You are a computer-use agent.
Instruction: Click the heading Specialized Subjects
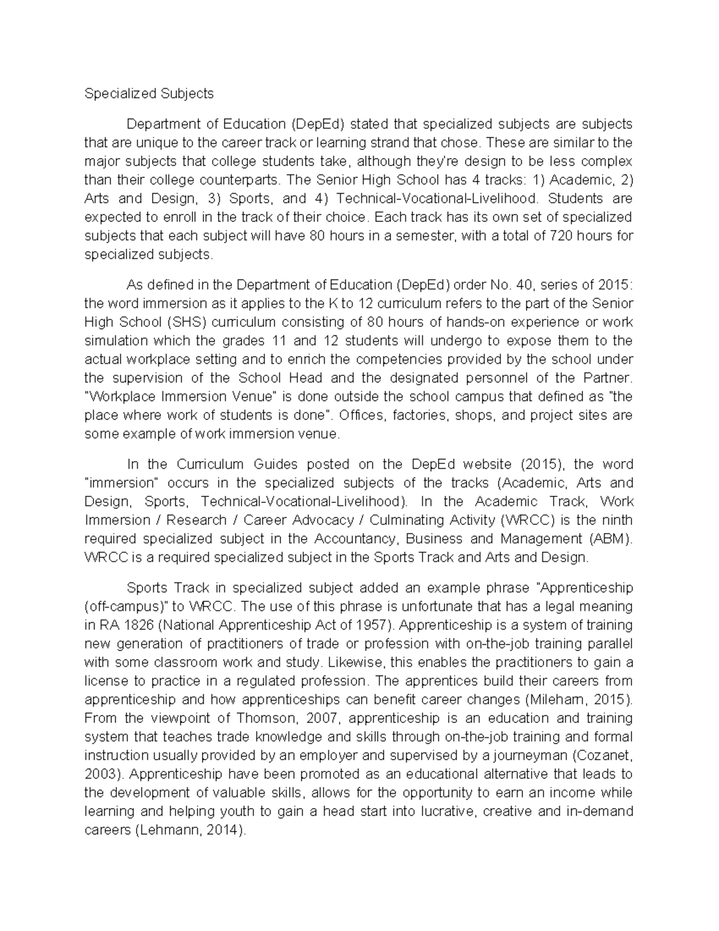149,94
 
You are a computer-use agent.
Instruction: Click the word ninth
617,520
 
